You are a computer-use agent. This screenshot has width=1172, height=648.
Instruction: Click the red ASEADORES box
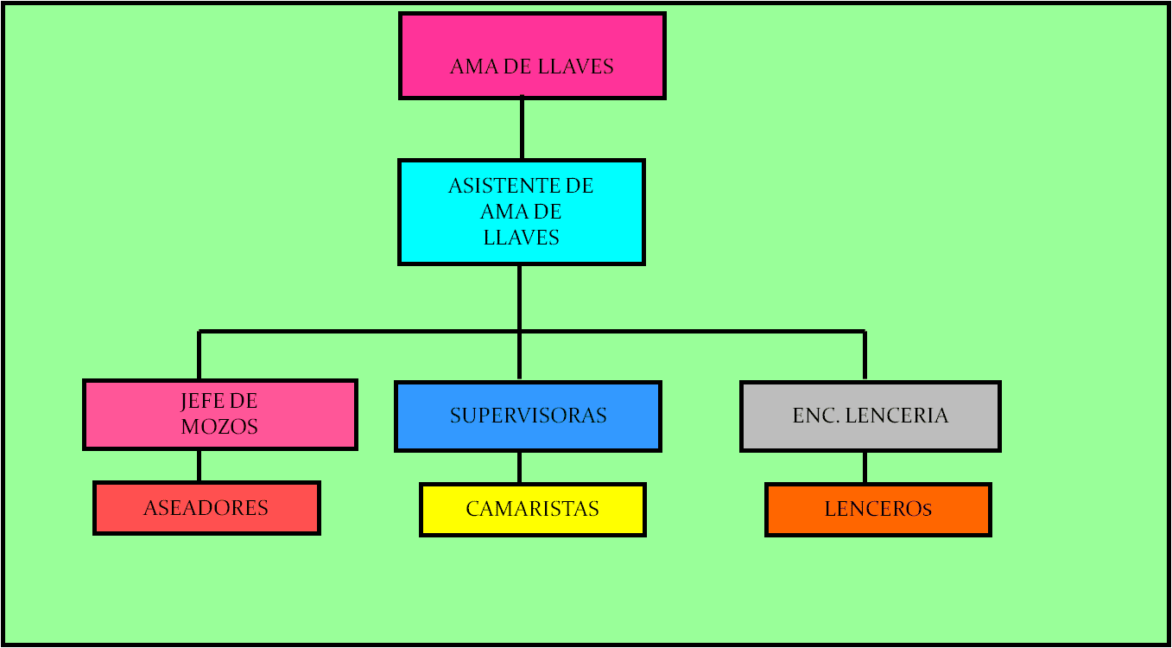pos(206,508)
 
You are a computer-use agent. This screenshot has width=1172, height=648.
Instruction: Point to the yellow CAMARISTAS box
pos(532,510)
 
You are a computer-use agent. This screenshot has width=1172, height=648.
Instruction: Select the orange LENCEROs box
pos(877,510)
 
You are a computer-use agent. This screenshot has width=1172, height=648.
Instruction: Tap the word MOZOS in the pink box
pos(219,427)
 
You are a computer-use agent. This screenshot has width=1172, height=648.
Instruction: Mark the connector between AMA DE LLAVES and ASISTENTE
pos(522,129)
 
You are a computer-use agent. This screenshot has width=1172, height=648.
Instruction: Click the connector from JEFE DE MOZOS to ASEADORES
pos(199,466)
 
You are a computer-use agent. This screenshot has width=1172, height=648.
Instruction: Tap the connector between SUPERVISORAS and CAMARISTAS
pos(519,467)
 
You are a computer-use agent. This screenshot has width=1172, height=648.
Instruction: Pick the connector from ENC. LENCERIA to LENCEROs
pos(865,467)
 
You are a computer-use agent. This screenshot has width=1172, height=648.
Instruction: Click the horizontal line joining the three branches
pos(691,331)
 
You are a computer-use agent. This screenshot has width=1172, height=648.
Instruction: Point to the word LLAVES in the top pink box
pos(575,67)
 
